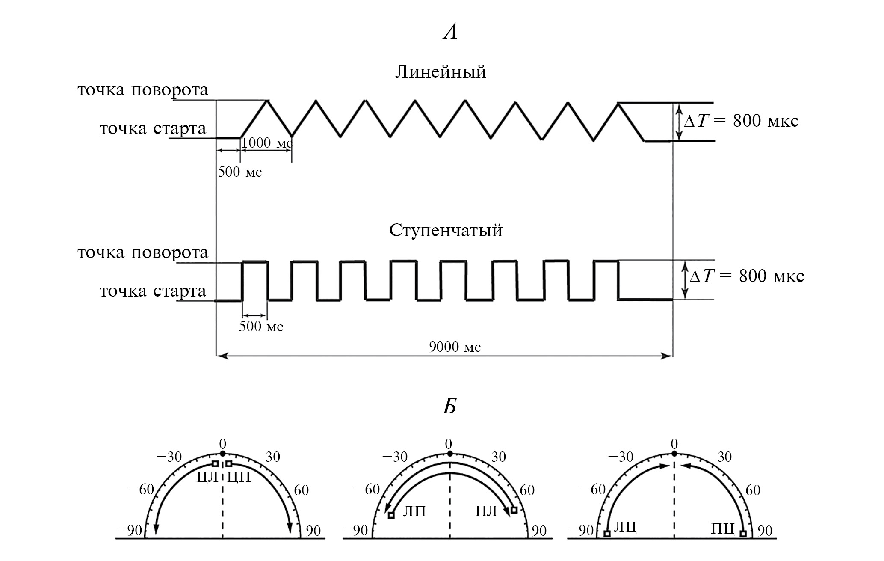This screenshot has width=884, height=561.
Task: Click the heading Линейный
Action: (x=440, y=72)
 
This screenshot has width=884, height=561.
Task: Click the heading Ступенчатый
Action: (x=446, y=230)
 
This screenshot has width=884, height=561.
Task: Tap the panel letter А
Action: (x=450, y=32)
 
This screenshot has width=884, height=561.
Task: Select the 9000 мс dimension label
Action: (x=455, y=347)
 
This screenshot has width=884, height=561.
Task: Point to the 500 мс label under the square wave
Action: (x=261, y=327)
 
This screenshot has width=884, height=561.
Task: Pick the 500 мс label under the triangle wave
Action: (x=240, y=172)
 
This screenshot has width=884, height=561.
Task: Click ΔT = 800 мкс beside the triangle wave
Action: (x=741, y=121)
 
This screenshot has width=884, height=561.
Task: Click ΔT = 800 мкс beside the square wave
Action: (x=746, y=276)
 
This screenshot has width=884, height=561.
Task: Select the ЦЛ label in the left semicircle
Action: (x=207, y=477)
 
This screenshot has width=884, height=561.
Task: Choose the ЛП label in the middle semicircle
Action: (x=414, y=511)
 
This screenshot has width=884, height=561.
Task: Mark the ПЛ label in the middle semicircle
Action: (x=486, y=511)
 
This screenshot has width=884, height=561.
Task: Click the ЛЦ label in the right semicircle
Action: (x=625, y=527)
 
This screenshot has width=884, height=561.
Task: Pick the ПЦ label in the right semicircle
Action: (x=723, y=529)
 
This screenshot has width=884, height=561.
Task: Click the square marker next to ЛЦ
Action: (x=606, y=534)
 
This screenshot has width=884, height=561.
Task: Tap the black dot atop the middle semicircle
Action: (x=449, y=454)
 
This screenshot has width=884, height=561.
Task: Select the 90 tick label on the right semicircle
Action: (x=765, y=531)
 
